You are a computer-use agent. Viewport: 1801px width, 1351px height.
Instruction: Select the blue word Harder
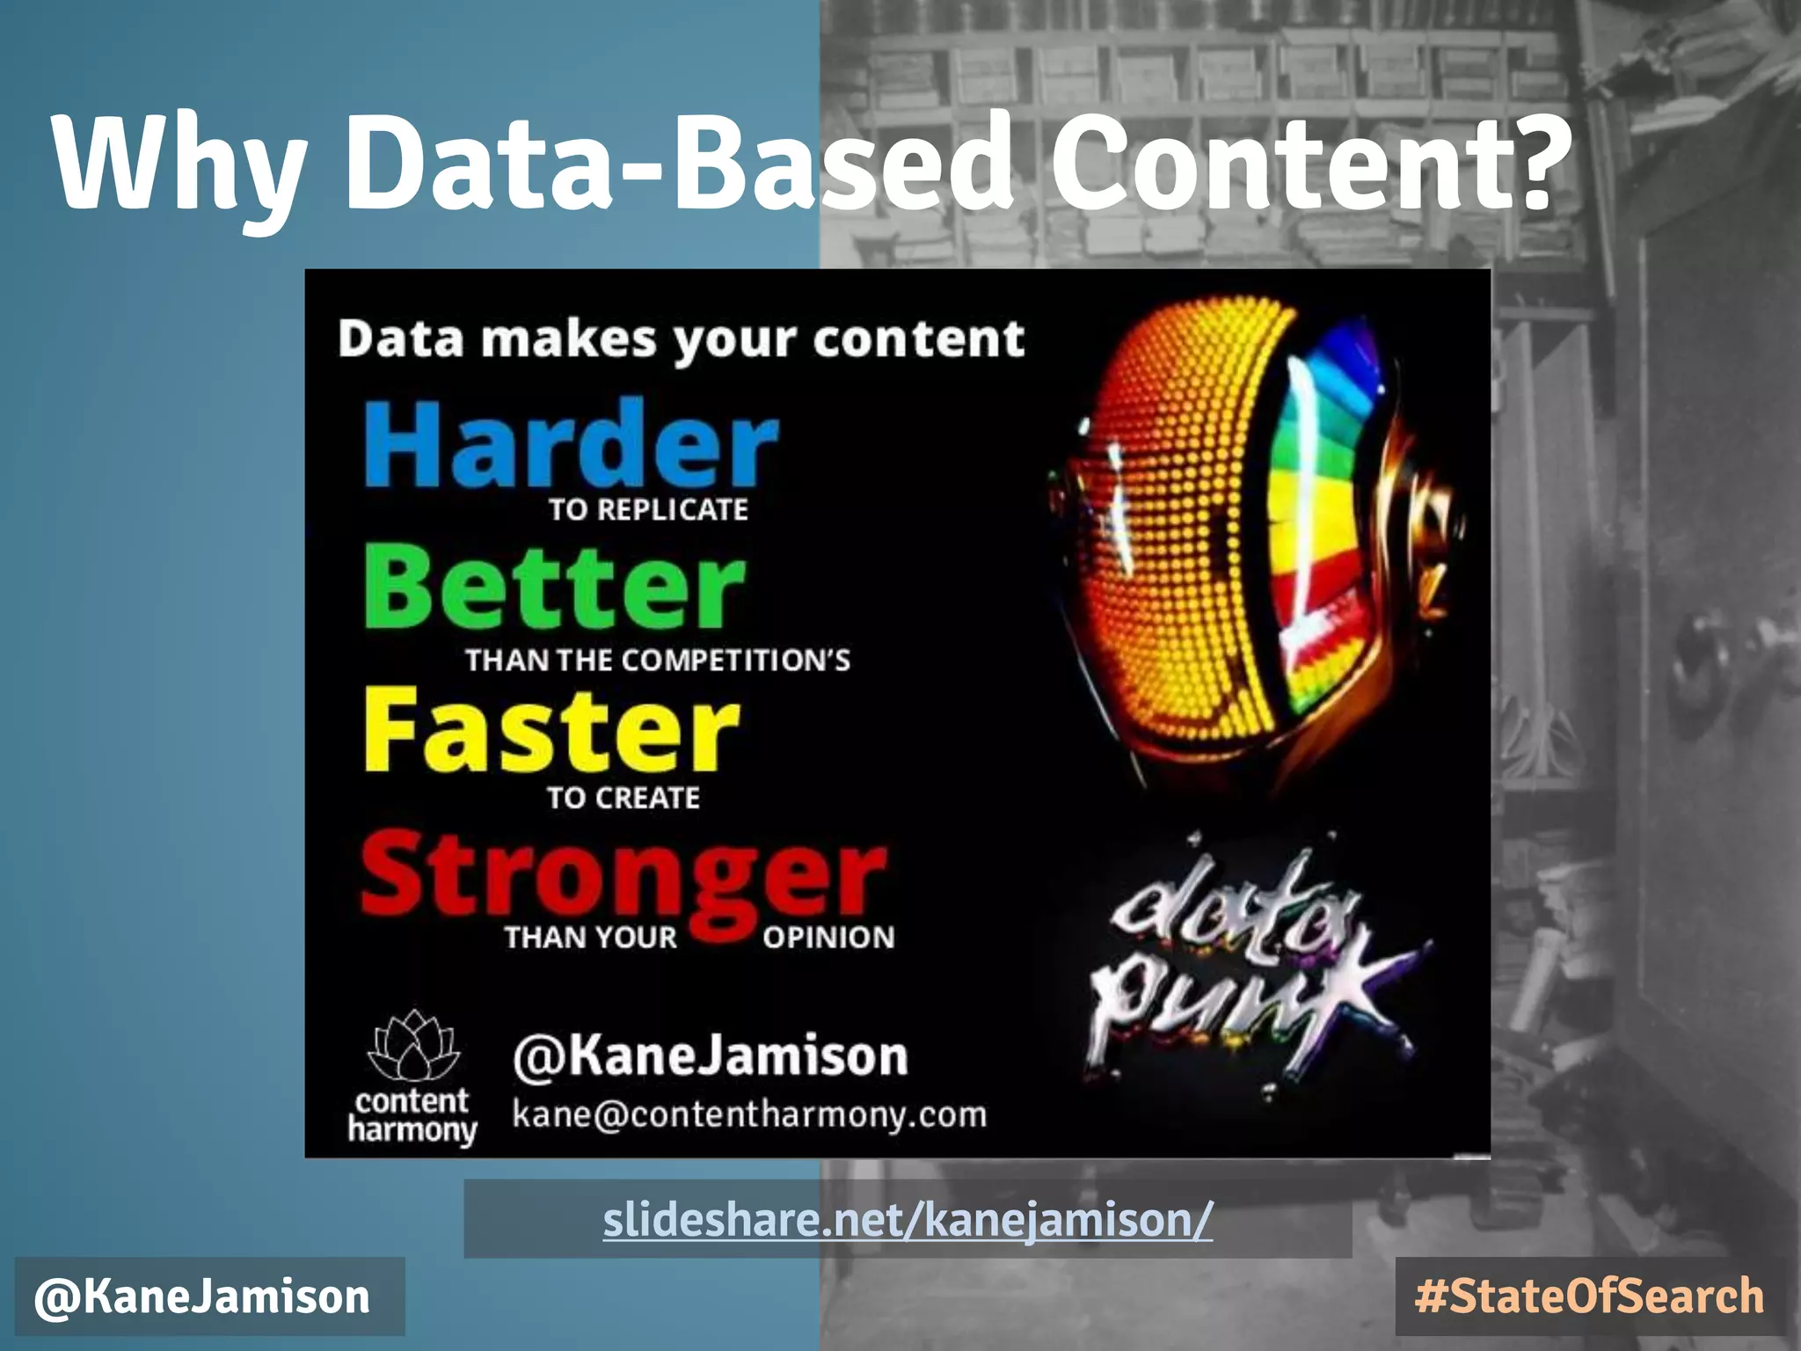pos(572,444)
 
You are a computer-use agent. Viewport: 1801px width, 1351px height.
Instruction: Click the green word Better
pos(554,588)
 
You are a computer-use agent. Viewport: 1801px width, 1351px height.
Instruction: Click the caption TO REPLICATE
pos(648,509)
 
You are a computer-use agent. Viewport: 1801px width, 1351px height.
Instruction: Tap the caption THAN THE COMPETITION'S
pos(658,660)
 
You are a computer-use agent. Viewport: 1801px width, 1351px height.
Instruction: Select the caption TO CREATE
pos(623,798)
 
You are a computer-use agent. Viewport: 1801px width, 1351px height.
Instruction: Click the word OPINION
pos(828,938)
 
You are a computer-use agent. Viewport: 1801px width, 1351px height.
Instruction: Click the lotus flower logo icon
pos(412,1047)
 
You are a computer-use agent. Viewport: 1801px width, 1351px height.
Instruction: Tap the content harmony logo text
pos(412,1115)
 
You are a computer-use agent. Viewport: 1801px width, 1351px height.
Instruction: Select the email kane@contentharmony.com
pos(749,1114)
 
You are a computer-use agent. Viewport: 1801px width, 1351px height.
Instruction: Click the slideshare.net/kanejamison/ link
pos(908,1219)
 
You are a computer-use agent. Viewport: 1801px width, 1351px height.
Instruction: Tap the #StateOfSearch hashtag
pos(1589,1296)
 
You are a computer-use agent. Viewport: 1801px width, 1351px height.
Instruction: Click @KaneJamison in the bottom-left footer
pos(202,1296)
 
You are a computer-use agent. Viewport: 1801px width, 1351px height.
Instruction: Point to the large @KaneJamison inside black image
pos(710,1055)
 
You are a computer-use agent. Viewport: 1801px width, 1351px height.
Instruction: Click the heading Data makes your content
pos(682,340)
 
